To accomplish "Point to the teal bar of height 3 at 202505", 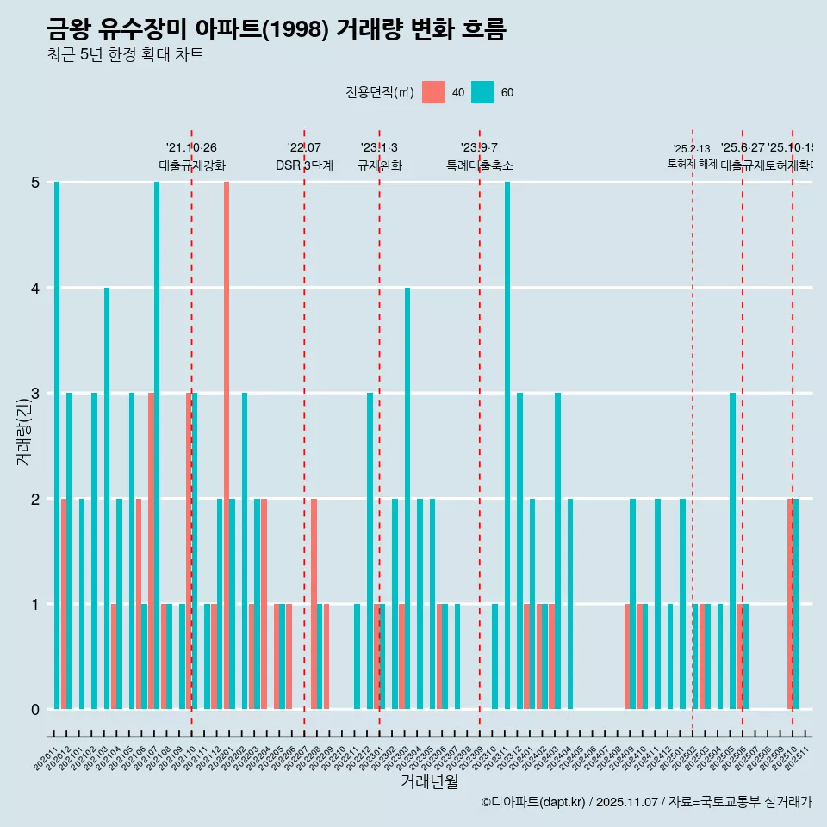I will (732, 551).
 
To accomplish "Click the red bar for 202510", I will (790, 604).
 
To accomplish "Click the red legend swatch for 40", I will (433, 92).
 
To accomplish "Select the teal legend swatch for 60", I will (482, 92).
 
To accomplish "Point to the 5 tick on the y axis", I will (35, 183).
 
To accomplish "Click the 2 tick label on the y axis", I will (35, 499).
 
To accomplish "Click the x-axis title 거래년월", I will (429, 781).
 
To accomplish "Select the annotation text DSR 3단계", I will (304, 165).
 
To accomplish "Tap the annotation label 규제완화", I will (379, 165).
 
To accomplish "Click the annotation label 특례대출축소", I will (479, 165).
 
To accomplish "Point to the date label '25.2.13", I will (692, 149).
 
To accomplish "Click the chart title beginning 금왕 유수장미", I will (276, 30).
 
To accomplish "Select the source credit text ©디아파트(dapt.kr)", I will (533, 802).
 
